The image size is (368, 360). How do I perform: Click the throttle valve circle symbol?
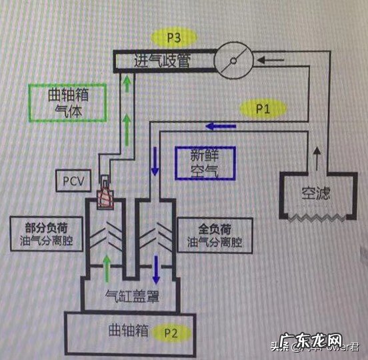[x=233, y=61]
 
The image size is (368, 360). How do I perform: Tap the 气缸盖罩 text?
[x=132, y=295]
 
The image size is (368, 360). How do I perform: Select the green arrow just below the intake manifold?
[x=127, y=83]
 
